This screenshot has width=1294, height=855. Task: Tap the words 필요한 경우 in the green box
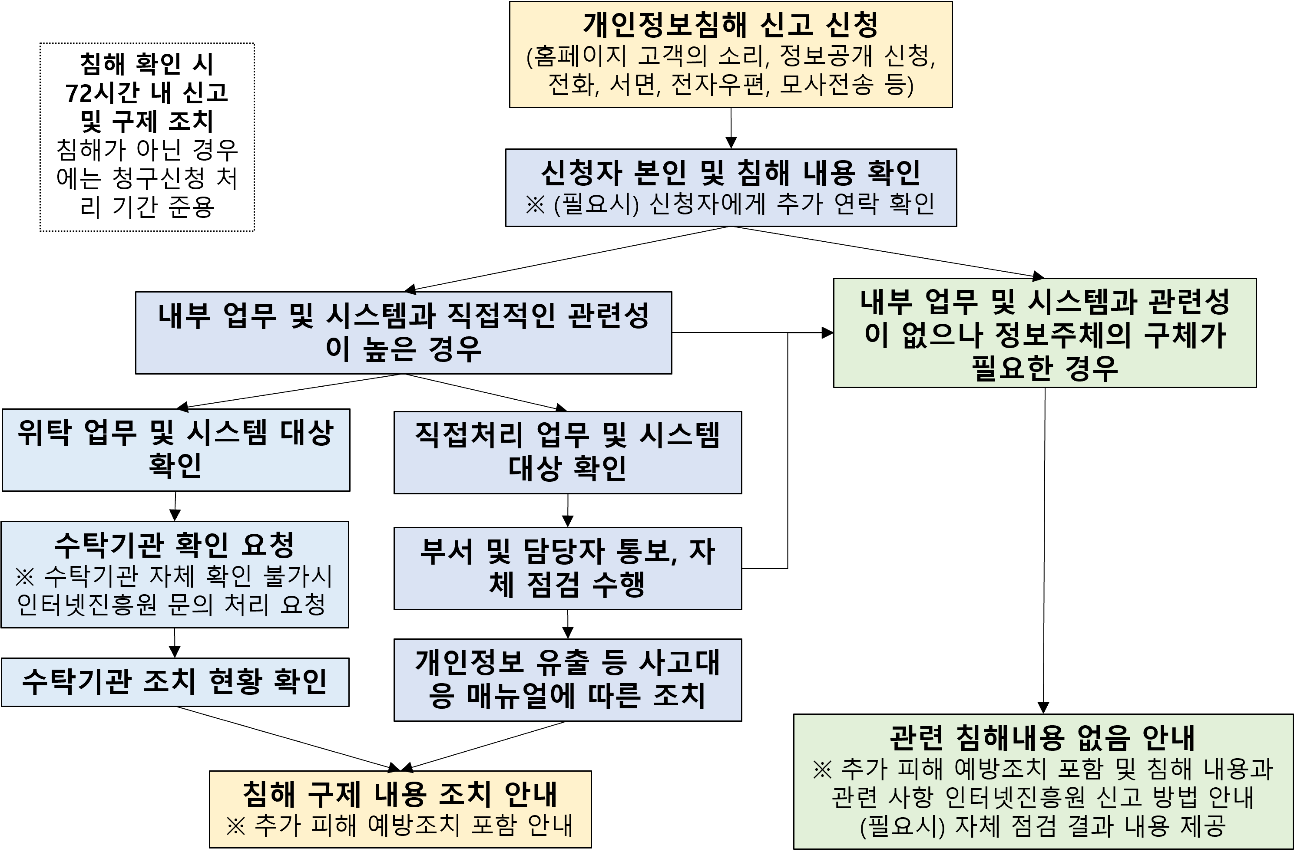[1045, 368]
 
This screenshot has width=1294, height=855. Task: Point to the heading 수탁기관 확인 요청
[175, 545]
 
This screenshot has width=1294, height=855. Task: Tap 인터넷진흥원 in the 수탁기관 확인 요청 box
[87, 604]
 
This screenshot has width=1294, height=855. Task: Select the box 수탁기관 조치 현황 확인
[175, 681]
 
